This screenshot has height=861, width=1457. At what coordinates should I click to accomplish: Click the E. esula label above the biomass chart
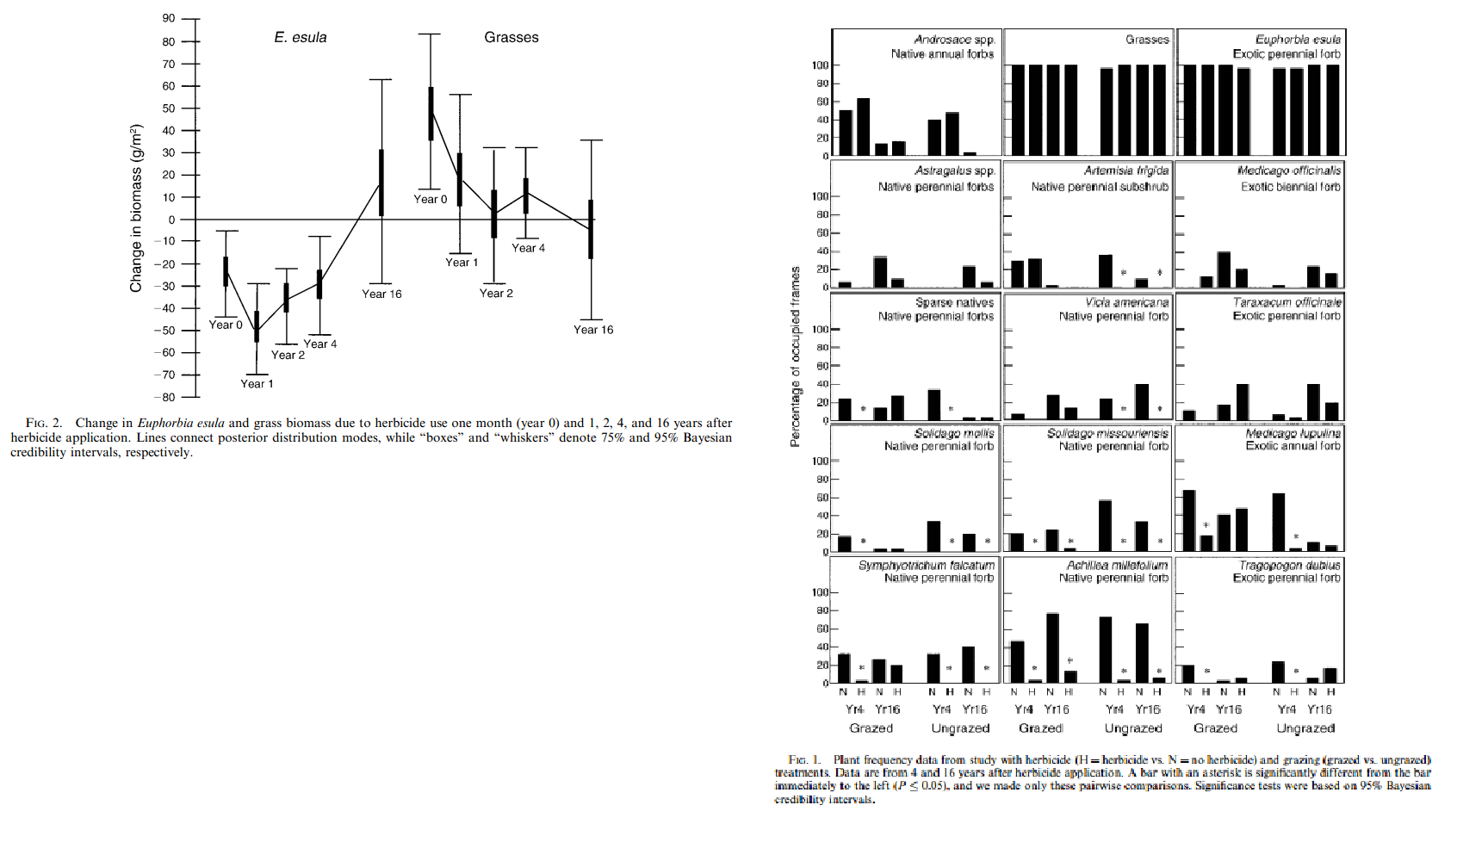tap(301, 38)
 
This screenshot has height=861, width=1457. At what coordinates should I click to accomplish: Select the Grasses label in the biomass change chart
tap(512, 38)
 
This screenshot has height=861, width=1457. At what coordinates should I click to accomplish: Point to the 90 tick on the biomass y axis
tap(168, 19)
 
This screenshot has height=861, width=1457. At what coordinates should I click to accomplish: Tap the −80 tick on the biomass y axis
tap(164, 397)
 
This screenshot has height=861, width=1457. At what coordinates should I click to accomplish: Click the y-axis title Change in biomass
tap(136, 208)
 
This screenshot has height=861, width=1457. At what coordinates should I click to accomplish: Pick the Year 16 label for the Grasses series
tap(593, 330)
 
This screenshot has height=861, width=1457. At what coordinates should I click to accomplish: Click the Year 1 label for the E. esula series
tap(257, 384)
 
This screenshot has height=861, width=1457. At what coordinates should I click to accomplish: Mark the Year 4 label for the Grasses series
tap(528, 248)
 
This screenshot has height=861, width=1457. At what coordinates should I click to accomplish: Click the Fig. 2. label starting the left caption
tap(44, 423)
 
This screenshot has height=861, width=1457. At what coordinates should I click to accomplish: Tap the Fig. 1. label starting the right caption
tap(804, 759)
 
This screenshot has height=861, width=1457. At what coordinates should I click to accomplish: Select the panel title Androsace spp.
tap(954, 40)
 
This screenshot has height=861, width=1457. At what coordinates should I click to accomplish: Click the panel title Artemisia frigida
tap(1125, 170)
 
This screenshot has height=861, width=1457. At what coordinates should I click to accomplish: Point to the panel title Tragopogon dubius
tap(1289, 566)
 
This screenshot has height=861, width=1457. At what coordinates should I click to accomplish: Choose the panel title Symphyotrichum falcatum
tap(926, 566)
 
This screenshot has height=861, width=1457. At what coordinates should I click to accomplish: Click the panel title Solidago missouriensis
tap(1107, 433)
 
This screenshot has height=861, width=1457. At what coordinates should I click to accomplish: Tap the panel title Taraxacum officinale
tap(1286, 302)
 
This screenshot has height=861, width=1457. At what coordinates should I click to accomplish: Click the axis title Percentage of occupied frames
tap(795, 356)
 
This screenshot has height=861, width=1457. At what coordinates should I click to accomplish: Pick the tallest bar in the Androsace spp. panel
tap(863, 127)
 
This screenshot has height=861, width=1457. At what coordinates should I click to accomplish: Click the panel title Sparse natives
tap(954, 303)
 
